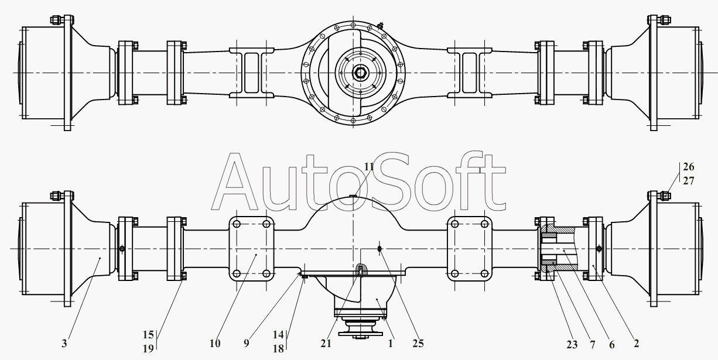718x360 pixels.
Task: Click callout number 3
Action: tap(64, 344)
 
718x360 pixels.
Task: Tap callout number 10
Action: tap(215, 344)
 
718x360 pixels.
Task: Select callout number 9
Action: tap(246, 344)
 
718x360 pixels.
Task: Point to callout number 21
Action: tap(326, 344)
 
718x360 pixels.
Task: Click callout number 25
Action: tap(418, 344)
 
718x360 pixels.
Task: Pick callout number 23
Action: tap(572, 345)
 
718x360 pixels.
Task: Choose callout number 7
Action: tap(592, 345)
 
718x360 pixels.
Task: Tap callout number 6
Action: tap(612, 345)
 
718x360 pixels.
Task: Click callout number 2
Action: tap(637, 344)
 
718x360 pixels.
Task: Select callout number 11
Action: tap(369, 167)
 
